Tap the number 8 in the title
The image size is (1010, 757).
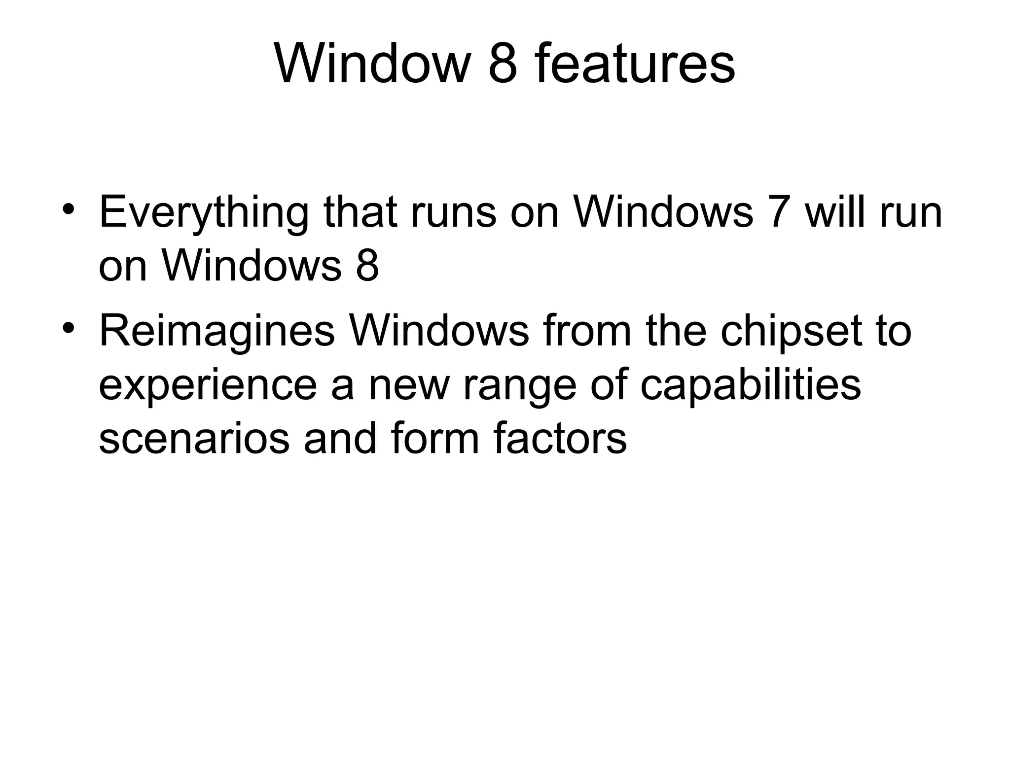[x=503, y=65]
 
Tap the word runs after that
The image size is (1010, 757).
[x=453, y=212]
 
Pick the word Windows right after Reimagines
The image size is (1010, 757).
[x=439, y=331]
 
